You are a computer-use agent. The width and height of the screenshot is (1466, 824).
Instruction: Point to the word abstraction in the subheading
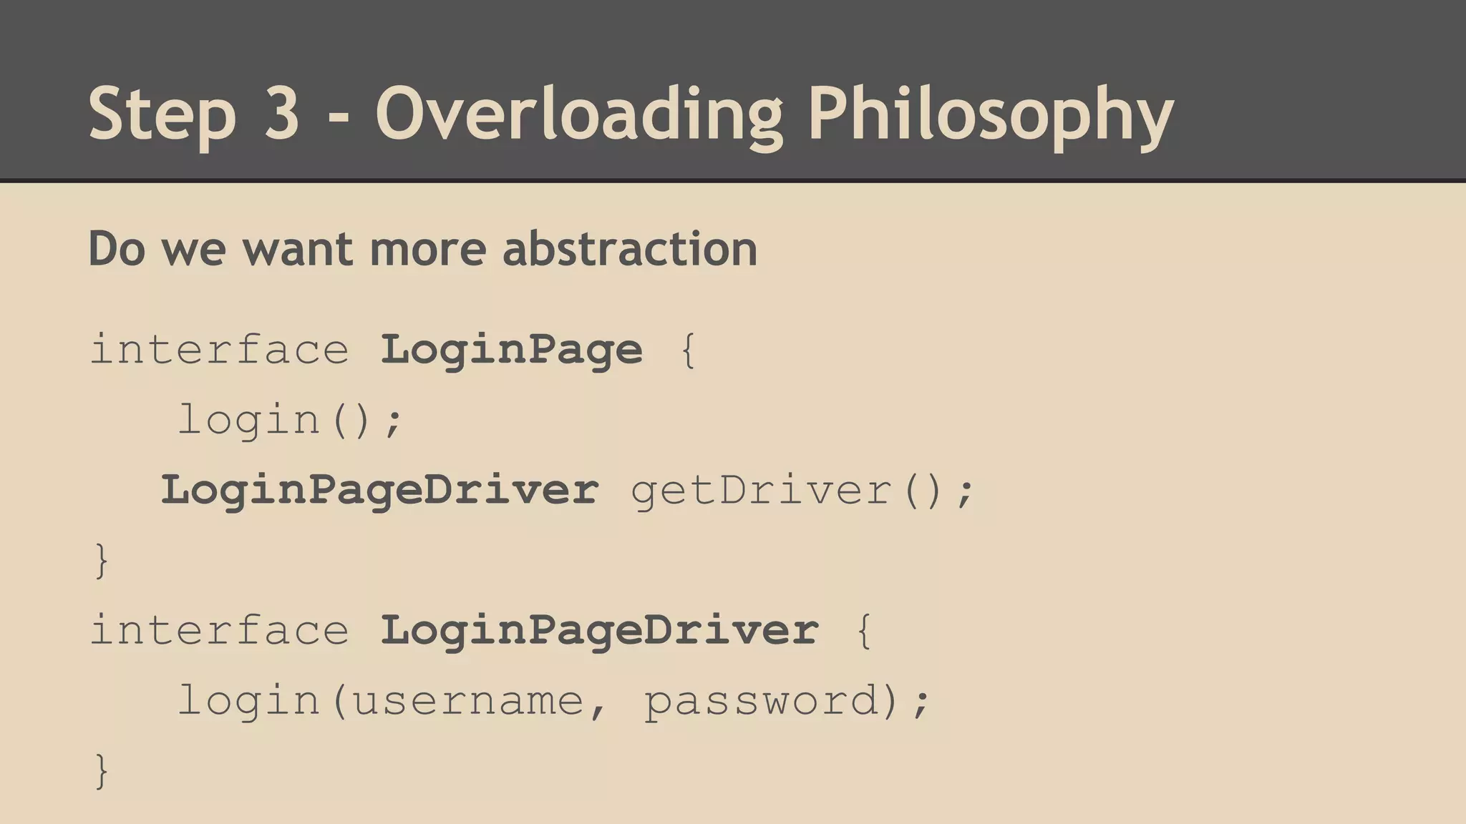[630, 249]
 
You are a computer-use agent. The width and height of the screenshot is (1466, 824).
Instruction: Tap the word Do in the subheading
[117, 249]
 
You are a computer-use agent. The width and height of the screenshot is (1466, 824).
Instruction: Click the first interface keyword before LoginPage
[220, 350]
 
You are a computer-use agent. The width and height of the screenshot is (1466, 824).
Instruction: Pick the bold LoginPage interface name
[511, 350]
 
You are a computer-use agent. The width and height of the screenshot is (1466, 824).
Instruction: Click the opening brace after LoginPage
[688, 350]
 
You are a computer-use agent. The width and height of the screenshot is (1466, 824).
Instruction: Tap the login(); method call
[291, 420]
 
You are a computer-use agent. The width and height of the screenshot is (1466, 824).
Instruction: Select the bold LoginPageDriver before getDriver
[379, 490]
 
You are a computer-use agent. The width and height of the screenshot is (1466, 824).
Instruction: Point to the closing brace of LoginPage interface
[102, 560]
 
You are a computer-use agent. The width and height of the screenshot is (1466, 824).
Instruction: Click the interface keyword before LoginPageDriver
[220, 630]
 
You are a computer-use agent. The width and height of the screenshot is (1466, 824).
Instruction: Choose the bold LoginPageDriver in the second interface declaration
[599, 630]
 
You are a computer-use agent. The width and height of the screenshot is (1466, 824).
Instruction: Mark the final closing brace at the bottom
[102, 770]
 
